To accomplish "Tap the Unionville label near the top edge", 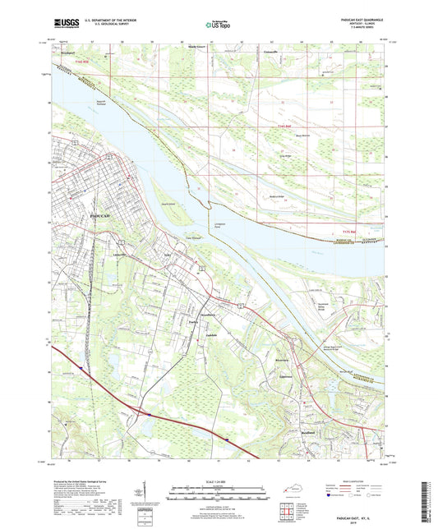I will [271, 52].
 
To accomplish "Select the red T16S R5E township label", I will [285, 125].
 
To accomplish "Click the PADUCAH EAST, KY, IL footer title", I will [361, 513].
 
